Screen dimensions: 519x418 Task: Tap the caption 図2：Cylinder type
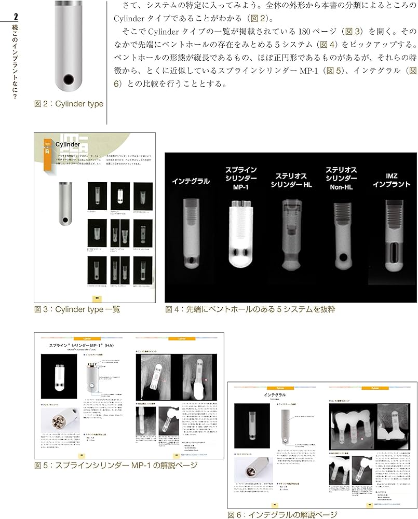point(69,104)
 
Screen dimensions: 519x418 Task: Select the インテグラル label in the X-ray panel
point(191,181)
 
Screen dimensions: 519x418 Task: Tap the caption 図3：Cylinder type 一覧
point(76,310)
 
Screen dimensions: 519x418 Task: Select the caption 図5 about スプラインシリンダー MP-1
point(116,465)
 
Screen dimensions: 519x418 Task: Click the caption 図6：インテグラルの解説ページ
point(282,514)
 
